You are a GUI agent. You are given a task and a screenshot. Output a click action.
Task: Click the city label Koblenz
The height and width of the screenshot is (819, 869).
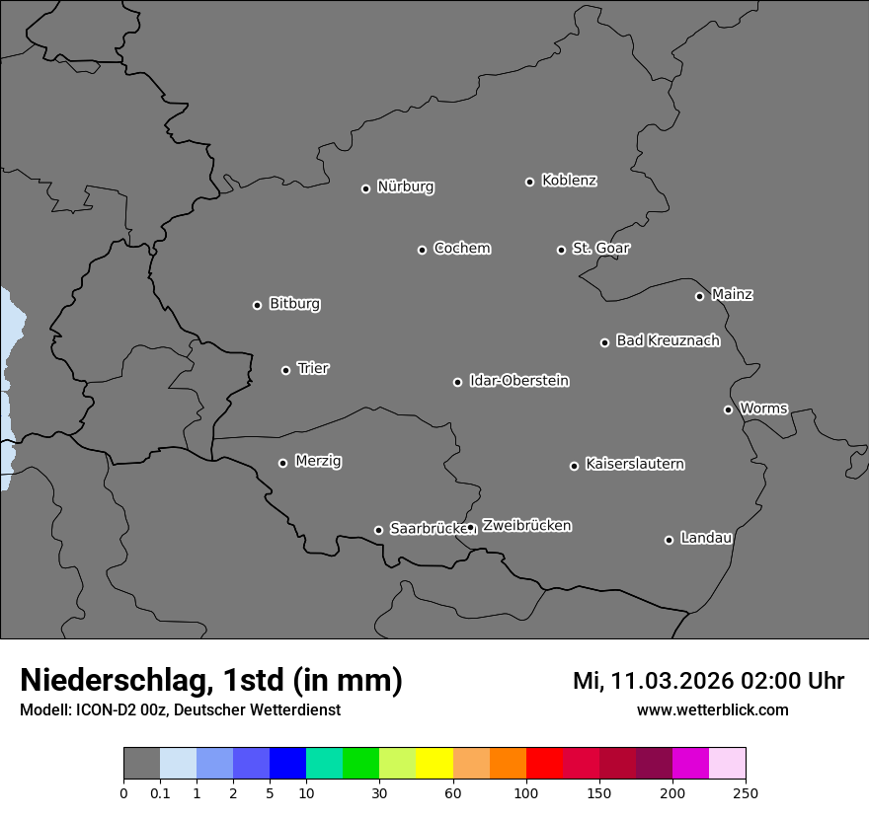pyautogui.click(x=569, y=181)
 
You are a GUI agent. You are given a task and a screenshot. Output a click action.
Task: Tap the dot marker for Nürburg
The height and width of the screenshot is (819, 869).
pyautogui.click(x=365, y=188)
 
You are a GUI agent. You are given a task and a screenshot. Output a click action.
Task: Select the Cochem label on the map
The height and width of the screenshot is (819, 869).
pyautogui.click(x=461, y=248)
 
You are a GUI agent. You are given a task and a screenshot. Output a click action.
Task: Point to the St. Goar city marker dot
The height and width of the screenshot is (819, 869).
pyautogui.click(x=561, y=250)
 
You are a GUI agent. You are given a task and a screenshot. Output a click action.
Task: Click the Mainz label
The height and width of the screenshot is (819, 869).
pyautogui.click(x=732, y=294)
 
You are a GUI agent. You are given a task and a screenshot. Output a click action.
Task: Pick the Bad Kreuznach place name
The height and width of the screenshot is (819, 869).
pyautogui.click(x=668, y=340)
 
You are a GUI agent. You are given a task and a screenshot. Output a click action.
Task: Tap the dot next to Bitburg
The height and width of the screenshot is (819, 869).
pyautogui.click(x=257, y=305)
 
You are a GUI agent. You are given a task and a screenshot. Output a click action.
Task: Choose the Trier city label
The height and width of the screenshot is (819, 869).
pyautogui.click(x=313, y=368)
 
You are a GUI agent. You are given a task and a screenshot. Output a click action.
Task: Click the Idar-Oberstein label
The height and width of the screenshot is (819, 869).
pyautogui.click(x=518, y=380)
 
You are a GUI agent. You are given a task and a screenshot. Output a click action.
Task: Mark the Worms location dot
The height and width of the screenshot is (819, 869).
pyautogui.click(x=728, y=409)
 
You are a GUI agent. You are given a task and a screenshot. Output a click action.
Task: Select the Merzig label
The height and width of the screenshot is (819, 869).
pyautogui.click(x=318, y=461)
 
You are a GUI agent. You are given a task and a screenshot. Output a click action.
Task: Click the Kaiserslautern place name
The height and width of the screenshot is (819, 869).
pyautogui.click(x=634, y=464)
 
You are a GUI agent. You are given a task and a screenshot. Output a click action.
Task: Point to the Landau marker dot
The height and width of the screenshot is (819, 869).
pyautogui.click(x=669, y=540)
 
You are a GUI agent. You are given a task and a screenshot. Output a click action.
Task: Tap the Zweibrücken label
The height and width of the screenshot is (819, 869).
pyautogui.click(x=526, y=525)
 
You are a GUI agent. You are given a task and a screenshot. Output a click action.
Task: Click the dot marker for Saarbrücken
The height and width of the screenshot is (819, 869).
pyautogui.click(x=378, y=530)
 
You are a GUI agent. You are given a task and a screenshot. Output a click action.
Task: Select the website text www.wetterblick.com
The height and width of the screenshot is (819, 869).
pyautogui.click(x=712, y=709)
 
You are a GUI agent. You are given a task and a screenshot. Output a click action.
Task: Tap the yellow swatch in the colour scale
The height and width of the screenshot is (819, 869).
pyautogui.click(x=434, y=764)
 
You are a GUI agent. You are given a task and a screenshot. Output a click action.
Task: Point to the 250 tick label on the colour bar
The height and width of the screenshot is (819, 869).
pyautogui.click(x=746, y=793)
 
